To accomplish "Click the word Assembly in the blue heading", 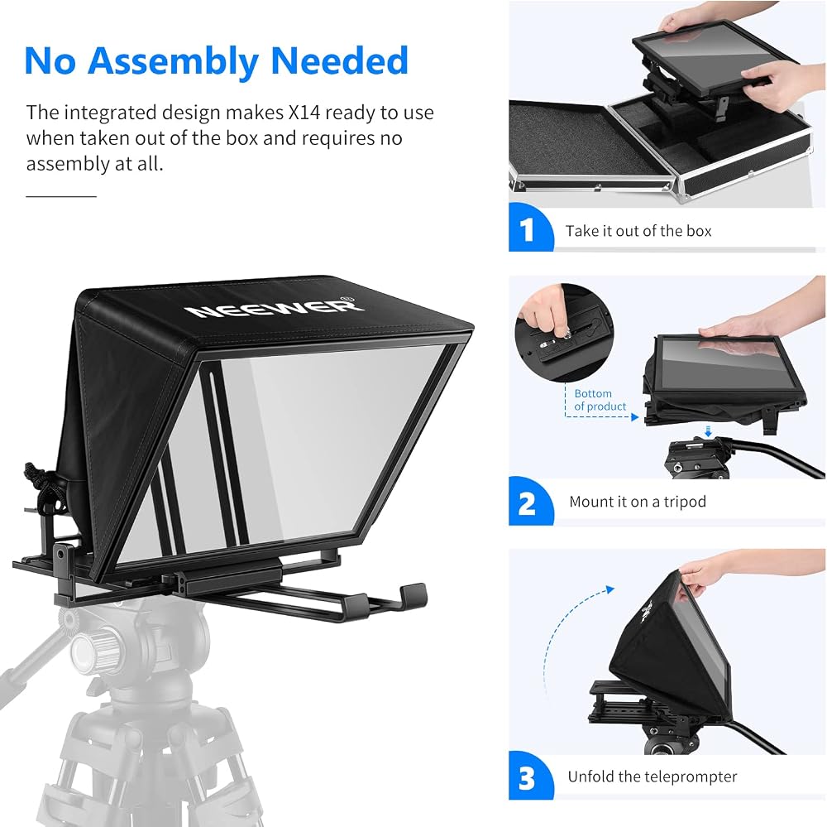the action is pos(173,62).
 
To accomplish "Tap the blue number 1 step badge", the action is pos(530,228).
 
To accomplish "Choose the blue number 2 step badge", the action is pos(530,502).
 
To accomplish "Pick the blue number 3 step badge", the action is pos(530,776).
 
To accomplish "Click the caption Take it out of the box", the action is pos(638,231).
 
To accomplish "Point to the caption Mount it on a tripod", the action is pos(637,501).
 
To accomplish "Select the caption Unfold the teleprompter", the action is pos(652,777).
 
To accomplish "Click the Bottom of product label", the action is pos(600,400).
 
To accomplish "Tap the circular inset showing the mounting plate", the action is pos(564,333).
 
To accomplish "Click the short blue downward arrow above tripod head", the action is pos(709,431).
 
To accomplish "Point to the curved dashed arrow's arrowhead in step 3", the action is pos(610,589).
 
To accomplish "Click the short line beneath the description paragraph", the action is pos(61,196).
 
